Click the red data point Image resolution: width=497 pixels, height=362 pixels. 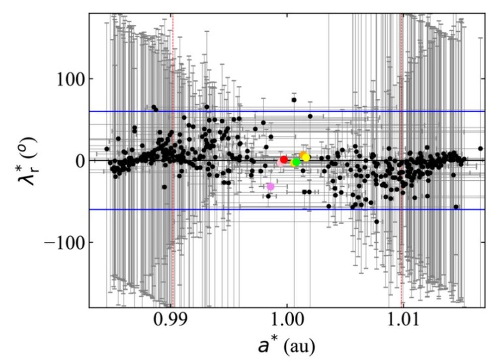[x=284, y=159]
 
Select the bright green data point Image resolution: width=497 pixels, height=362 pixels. [x=296, y=162]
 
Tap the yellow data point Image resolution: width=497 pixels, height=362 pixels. [x=306, y=157]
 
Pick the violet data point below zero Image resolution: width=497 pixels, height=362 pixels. [x=270, y=186]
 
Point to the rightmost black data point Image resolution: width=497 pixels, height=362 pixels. [x=481, y=148]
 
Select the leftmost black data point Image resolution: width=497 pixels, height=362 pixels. [x=107, y=148]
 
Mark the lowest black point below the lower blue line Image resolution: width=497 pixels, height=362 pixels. [x=377, y=221]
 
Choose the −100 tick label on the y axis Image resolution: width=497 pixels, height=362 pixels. [x=64, y=242]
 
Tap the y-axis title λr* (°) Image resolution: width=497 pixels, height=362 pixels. [x=26, y=160]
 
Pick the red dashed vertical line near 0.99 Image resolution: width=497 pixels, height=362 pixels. [x=172, y=223]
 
